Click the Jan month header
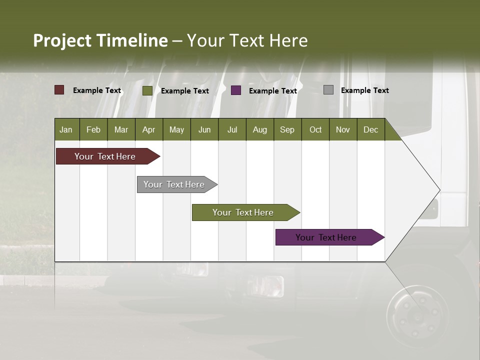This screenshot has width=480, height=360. [x=66, y=129]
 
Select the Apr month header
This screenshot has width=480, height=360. [x=149, y=129]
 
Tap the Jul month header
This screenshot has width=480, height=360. [x=232, y=129]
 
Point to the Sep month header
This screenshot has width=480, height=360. [x=287, y=129]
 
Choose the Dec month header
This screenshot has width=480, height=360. [x=370, y=129]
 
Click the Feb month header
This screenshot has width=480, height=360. [x=93, y=129]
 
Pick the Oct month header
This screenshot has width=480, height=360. [x=315, y=129]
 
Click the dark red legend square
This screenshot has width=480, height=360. [x=59, y=90]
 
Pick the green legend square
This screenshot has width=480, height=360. [x=147, y=90]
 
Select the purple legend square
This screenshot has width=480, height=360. [x=236, y=90]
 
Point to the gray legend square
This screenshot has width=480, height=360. [x=328, y=90]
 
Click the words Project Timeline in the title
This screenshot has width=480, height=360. [x=100, y=40]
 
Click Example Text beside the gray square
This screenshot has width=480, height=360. [x=364, y=90]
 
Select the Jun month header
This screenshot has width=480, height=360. [x=204, y=129]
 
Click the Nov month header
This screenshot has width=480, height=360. [x=343, y=129]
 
